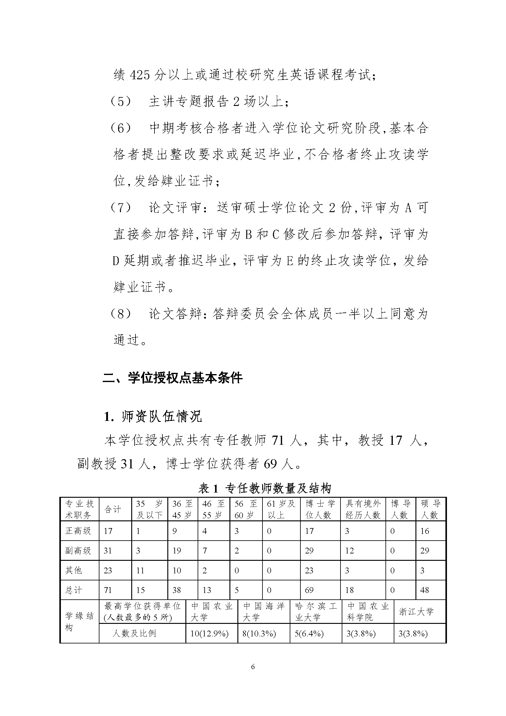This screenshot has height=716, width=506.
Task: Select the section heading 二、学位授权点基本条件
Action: tap(172, 378)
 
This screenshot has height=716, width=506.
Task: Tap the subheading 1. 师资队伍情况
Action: tap(153, 417)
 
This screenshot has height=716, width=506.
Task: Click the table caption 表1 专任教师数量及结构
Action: tap(265, 488)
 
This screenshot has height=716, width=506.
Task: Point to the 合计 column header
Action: tap(113, 510)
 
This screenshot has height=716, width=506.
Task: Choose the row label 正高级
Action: tap(78, 531)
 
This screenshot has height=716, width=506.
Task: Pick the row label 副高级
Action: tap(78, 550)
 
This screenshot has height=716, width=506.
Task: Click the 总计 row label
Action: tap(74, 590)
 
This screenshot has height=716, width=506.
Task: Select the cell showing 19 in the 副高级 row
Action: tap(177, 551)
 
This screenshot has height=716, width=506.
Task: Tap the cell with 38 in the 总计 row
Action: tap(177, 590)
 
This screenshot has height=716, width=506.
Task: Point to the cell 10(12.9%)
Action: tap(209, 634)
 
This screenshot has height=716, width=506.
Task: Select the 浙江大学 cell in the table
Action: tap(416, 612)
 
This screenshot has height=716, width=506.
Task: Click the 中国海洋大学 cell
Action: tap(264, 612)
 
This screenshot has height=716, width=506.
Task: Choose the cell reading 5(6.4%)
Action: tap(309, 634)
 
